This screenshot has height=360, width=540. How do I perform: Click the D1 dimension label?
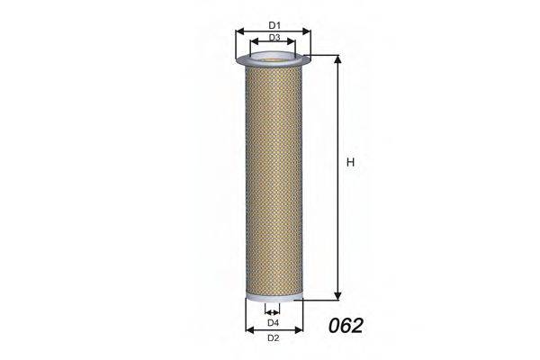point(274,25)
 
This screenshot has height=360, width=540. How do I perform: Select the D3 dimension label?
point(274,37)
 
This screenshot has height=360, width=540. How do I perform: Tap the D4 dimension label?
point(273,323)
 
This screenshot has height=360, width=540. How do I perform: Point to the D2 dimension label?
point(273,338)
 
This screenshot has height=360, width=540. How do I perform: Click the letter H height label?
point(350,162)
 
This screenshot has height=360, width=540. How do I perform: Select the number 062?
point(346,326)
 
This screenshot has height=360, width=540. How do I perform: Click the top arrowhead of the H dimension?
point(337,59)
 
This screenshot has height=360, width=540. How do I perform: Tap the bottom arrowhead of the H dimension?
point(337,296)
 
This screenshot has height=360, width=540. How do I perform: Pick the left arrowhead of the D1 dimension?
point(239,31)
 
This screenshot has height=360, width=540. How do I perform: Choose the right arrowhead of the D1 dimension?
point(306,31)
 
